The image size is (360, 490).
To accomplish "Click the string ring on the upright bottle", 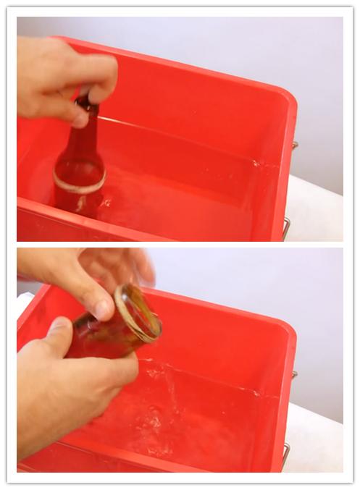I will pos(79,181).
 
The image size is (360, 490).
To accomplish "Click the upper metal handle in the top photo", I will pos(294,145).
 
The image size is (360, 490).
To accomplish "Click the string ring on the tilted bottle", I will pos(138,313).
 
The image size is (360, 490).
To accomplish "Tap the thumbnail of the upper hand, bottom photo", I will pos(101,310).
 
